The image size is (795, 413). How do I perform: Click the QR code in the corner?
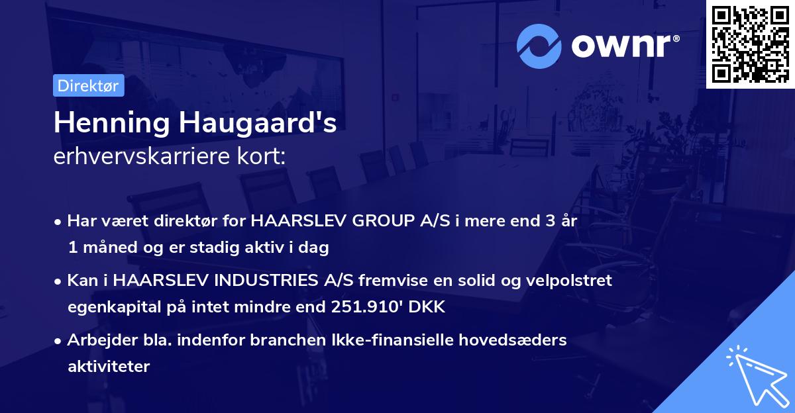coord(750,44)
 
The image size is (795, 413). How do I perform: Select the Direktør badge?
coord(88,85)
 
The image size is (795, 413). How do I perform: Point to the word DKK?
coord(430,307)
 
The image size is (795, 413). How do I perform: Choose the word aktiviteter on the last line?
coord(109,366)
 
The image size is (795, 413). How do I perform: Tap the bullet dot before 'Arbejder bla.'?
coord(59,341)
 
